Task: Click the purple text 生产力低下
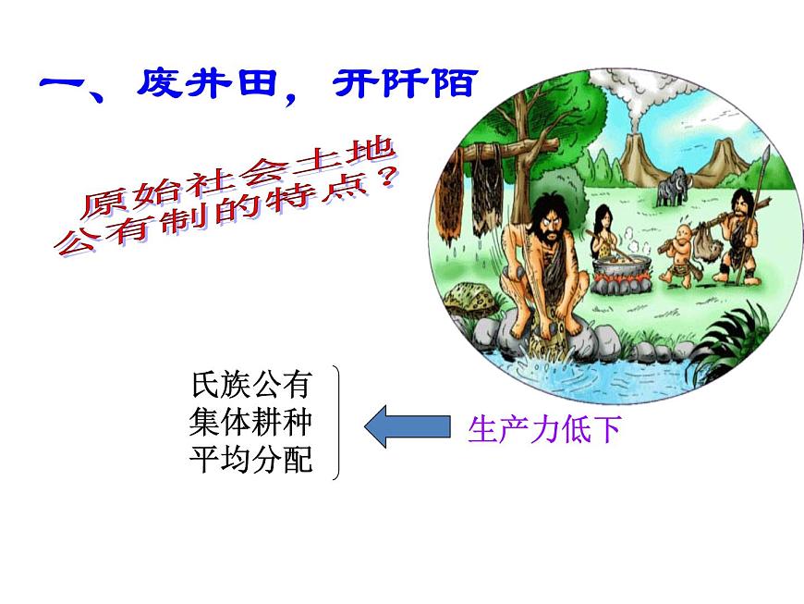(x=544, y=429)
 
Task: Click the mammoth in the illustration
(x=671, y=188)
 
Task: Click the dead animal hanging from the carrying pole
(x=710, y=253)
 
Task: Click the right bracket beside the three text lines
(x=335, y=423)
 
